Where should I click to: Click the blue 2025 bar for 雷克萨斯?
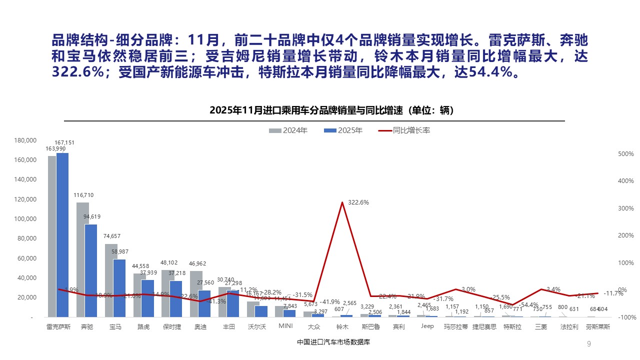[x=62, y=235]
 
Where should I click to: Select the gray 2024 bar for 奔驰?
[x=82, y=259]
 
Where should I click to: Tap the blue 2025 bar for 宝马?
[x=119, y=288]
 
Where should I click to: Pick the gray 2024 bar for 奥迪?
[x=196, y=294]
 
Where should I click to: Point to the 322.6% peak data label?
[x=358, y=202]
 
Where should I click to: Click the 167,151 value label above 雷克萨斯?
[x=65, y=143]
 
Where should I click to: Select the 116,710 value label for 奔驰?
[x=83, y=195]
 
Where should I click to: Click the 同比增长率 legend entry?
[x=405, y=130]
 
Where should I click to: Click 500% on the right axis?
[x=612, y=154]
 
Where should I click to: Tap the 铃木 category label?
[x=342, y=327]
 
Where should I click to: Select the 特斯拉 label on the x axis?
[x=512, y=327]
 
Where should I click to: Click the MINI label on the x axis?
[x=285, y=326]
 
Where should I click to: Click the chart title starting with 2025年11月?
[x=331, y=110]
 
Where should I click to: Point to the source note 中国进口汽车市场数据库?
[x=333, y=342]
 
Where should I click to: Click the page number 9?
[x=588, y=343]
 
